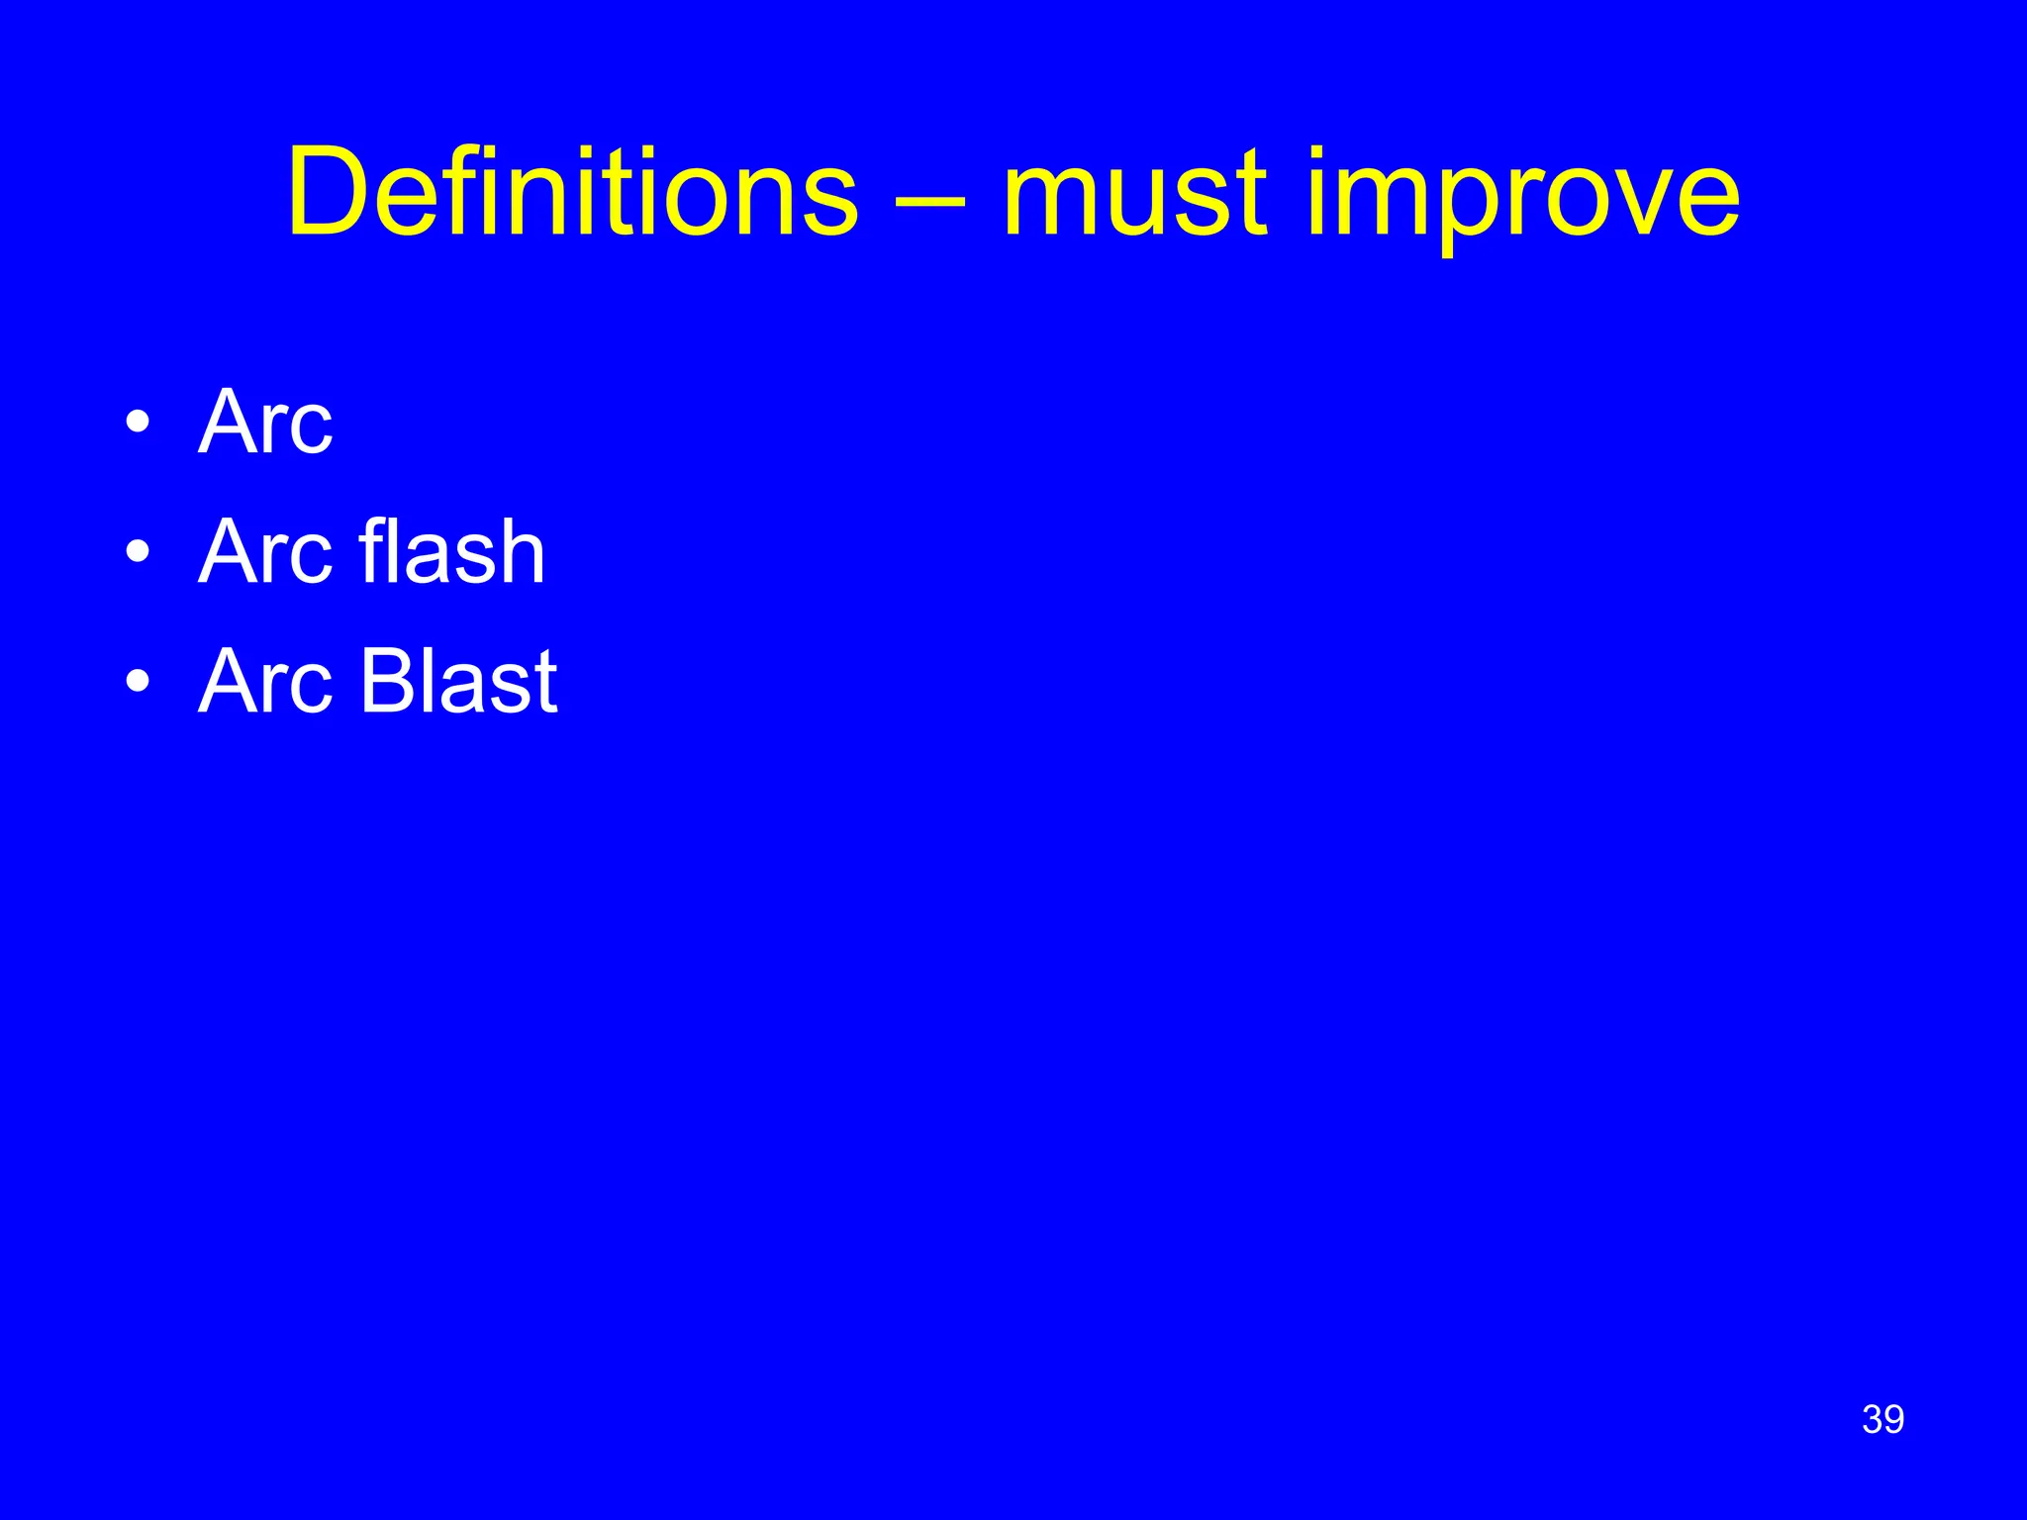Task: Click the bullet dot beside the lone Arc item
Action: (139, 424)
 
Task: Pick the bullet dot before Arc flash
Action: (139, 552)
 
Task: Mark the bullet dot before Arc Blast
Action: (139, 682)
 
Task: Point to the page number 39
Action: (1882, 1419)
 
